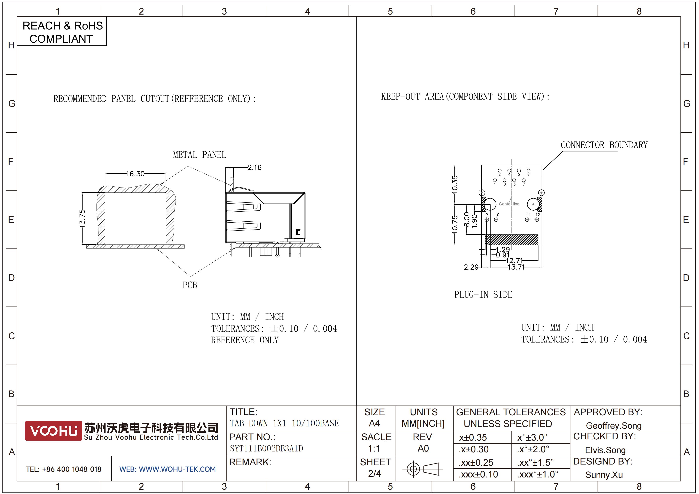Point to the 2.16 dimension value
[x=254, y=167]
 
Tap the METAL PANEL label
[x=199, y=155]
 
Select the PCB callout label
[x=190, y=285]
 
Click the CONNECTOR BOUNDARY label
[x=604, y=145]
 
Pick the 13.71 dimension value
[x=516, y=267]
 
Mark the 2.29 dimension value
[x=471, y=267]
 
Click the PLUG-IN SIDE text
[x=483, y=295]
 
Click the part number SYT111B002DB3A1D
[x=266, y=448]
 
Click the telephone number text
[x=64, y=469]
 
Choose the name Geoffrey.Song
[x=614, y=426]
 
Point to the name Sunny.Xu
[x=604, y=475]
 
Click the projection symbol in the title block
[x=423, y=469]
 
